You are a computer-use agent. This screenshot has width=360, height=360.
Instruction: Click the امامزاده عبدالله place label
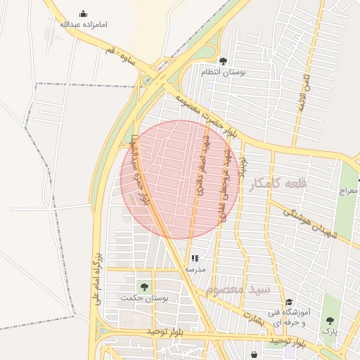coord(84,25)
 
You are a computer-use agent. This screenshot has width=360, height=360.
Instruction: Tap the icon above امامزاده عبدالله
coord(84,13)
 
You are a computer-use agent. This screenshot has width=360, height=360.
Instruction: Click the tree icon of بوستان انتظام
coord(224,61)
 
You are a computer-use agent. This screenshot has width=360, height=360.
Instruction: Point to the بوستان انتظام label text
coord(223,72)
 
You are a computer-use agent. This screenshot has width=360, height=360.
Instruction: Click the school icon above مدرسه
coord(195,259)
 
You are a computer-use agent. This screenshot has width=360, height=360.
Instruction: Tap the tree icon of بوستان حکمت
coord(144,286)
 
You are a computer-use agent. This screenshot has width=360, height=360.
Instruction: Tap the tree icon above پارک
coord(330,320)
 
